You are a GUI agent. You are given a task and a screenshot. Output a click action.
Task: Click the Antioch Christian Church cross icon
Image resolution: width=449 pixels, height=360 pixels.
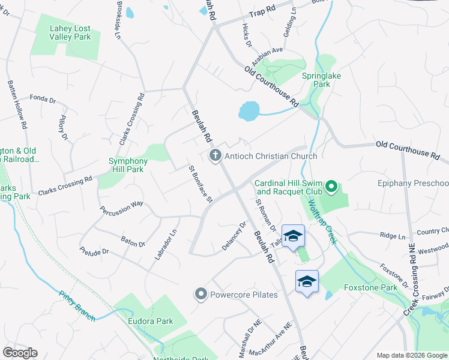215,156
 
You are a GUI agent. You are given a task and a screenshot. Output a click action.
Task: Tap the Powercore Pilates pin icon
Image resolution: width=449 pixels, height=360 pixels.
200,295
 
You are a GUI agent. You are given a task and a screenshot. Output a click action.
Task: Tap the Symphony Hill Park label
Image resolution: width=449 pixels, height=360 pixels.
128,165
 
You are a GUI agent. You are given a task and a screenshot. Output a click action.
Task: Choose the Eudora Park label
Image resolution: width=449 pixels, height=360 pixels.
150,321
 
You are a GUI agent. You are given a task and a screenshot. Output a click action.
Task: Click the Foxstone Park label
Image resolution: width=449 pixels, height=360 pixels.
371,287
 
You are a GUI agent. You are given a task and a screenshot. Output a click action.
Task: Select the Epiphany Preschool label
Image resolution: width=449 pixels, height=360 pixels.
413,183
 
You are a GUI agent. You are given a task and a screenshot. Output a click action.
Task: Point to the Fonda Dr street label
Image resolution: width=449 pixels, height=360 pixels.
42,97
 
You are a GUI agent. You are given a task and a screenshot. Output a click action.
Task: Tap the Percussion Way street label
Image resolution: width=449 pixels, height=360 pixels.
122,208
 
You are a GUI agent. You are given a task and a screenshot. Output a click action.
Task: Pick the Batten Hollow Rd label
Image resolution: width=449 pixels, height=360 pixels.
17,106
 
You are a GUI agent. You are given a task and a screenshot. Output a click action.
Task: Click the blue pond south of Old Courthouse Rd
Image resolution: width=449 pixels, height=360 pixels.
248,110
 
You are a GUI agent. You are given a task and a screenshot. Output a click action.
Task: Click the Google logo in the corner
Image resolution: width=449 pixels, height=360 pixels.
20,353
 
